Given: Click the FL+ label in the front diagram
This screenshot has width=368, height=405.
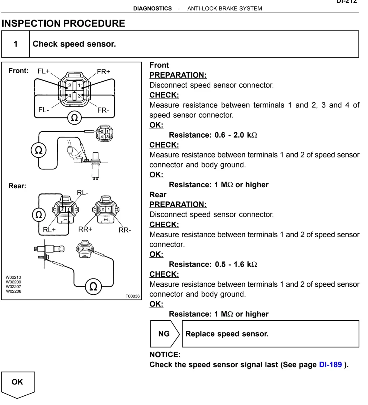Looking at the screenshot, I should pos(43,71).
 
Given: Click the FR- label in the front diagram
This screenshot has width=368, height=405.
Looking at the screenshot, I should pos(103,111).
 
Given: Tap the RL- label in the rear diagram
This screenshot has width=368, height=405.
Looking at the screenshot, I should pos(83,193).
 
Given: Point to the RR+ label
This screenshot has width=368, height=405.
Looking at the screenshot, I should pos(85,229).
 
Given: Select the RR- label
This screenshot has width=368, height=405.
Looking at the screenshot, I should pos(125,230).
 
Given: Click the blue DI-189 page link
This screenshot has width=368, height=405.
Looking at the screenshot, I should pos(330,365).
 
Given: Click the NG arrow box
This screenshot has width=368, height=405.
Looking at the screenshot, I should pos(165,334).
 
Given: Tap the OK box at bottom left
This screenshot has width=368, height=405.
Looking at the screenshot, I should pos(17,382).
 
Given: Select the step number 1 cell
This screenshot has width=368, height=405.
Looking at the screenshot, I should pos(16,44).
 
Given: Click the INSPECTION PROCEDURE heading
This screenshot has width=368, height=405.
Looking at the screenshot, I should pos(63,23).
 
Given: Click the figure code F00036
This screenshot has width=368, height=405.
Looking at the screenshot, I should pos(133,296).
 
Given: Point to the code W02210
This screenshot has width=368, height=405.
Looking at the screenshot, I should pos(14,277).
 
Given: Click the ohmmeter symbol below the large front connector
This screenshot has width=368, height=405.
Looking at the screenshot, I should pos(74,118).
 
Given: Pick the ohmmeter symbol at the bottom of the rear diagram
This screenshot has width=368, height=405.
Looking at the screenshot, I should pos(93,286).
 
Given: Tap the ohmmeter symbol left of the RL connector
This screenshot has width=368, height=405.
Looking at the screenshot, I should pos(39,215).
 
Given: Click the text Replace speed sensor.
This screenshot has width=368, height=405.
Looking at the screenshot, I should pos(227,334).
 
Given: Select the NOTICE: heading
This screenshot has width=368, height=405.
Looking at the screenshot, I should pos(165,355).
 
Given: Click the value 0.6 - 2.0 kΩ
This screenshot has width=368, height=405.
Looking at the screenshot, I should pos(236,135).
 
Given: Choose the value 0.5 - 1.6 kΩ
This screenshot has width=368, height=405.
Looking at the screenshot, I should pos(236,265).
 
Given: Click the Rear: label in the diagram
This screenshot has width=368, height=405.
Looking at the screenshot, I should pos(17,186).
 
